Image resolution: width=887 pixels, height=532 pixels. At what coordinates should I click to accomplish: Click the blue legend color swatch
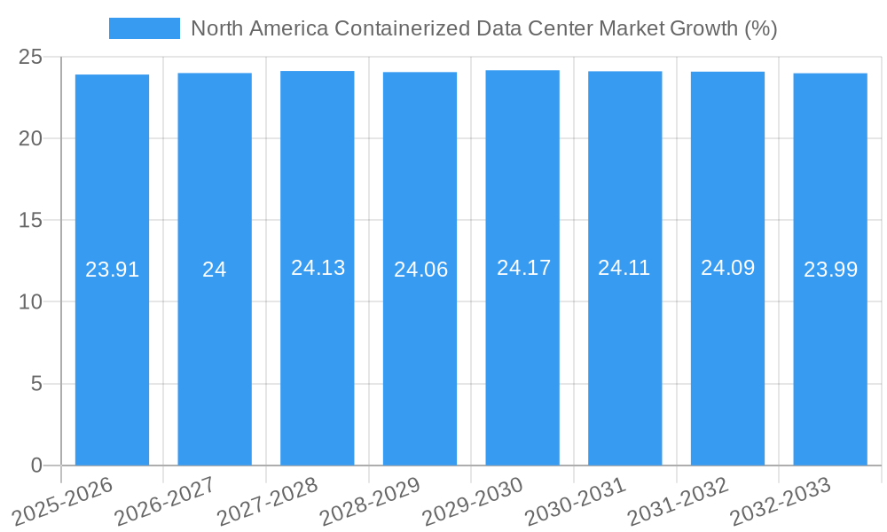click(x=144, y=28)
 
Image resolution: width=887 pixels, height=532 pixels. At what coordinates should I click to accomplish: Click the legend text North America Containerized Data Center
click(x=483, y=28)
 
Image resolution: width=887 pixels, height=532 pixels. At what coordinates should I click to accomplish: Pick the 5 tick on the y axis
click(x=36, y=384)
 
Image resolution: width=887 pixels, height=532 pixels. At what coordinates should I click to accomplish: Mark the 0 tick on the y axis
click(x=36, y=465)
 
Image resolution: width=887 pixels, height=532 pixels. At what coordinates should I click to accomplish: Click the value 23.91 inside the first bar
click(x=112, y=270)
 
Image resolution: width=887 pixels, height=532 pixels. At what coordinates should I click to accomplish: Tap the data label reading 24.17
click(x=523, y=268)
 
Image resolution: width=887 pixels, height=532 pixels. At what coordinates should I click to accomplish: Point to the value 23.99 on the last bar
click(x=830, y=270)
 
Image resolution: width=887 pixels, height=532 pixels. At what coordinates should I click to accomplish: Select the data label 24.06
click(x=420, y=270)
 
